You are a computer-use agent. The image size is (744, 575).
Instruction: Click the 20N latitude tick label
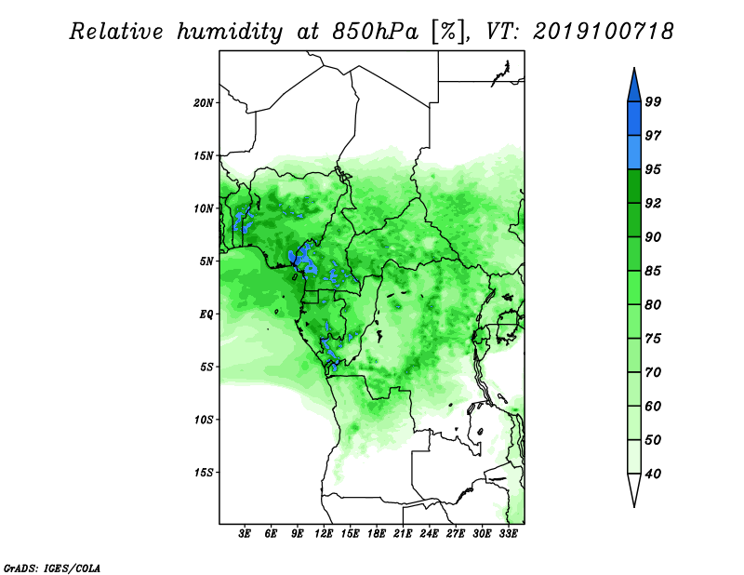point(204,103)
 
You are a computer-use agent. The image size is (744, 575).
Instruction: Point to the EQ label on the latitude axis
point(206,314)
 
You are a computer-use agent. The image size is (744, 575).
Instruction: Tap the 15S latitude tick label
point(204,473)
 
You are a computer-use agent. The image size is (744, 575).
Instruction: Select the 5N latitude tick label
point(206,261)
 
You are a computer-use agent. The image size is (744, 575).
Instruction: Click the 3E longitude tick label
point(245,534)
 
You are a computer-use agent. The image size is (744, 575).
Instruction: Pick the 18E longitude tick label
point(377,534)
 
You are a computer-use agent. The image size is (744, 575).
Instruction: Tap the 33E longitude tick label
point(508,534)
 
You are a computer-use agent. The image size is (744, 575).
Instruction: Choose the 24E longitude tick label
point(429,534)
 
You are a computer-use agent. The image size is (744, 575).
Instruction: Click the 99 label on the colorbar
point(653,101)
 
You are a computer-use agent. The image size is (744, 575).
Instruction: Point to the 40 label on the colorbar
point(653,474)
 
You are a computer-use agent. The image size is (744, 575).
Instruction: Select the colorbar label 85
point(653,271)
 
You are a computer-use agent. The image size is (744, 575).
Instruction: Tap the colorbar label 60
point(653,406)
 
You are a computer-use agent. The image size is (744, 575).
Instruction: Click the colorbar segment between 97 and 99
point(634,119)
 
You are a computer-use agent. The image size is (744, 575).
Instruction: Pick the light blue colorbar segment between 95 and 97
point(634,153)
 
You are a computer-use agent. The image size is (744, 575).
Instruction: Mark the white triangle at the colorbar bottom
point(634,488)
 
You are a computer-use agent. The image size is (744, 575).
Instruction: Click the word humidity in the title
point(230,32)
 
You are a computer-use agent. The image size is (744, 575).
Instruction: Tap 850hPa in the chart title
point(376,32)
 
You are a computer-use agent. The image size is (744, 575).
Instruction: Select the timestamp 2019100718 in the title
point(603,32)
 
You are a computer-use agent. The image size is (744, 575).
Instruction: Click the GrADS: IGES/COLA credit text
point(52,568)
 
